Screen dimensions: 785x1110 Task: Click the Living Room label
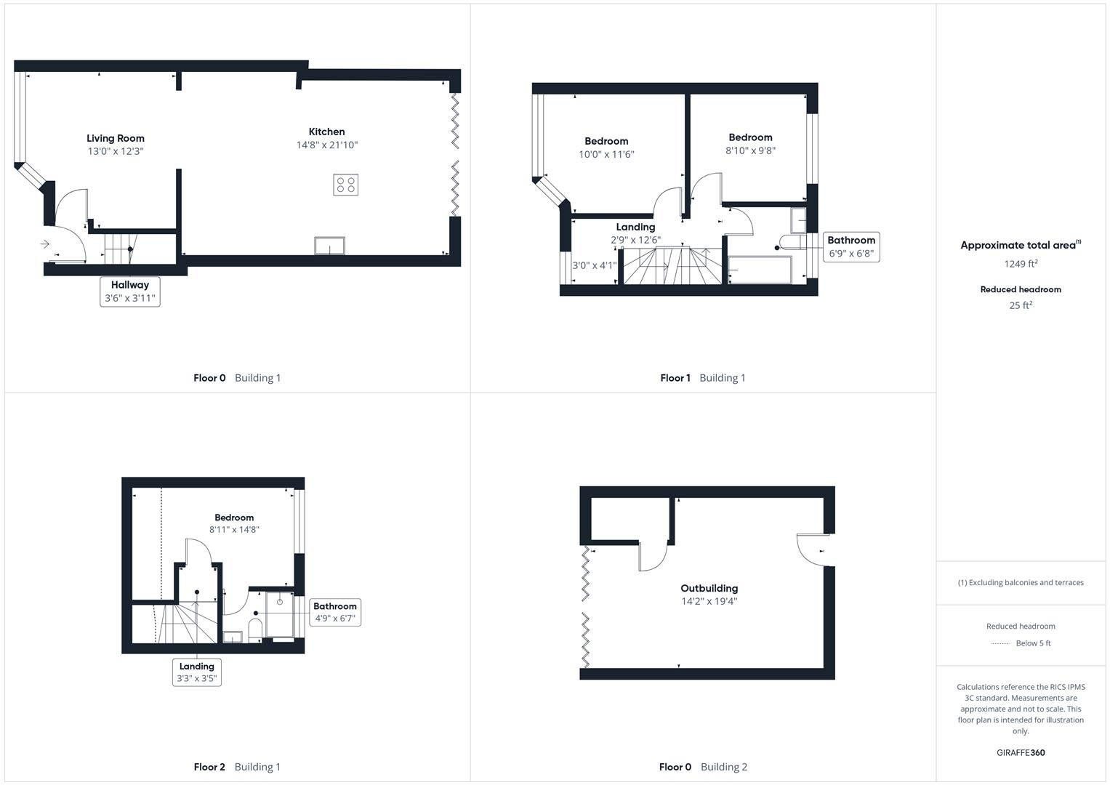(116, 138)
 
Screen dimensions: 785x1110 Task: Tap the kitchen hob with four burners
(346, 185)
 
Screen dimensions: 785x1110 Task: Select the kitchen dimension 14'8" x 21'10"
(327, 145)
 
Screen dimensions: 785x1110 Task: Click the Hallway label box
(130, 291)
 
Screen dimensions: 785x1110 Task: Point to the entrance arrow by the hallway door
(45, 244)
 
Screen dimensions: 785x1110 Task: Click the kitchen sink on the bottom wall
(330, 246)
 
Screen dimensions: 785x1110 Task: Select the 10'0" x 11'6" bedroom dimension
(606, 154)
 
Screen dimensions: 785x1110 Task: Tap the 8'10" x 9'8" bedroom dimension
(750, 150)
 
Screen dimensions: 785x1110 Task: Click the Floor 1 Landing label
(635, 227)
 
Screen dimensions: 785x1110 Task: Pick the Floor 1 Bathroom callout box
(851, 247)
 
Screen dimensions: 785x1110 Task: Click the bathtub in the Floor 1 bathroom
(760, 270)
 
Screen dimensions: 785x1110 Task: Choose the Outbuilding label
(709, 588)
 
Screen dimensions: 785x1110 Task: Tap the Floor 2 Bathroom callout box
(335, 612)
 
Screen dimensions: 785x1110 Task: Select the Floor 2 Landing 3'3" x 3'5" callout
(197, 672)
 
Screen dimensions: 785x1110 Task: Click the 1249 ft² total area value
(1021, 264)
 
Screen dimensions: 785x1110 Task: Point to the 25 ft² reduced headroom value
(1021, 305)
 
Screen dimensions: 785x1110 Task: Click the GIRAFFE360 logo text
(1021, 752)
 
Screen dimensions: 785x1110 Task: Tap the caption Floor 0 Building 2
(703, 767)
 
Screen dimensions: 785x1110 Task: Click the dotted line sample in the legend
(1000, 643)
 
